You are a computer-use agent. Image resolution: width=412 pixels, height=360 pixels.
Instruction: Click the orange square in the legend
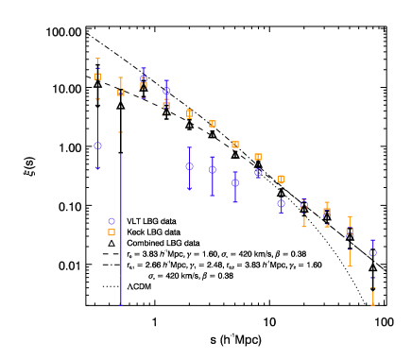pos(112,232)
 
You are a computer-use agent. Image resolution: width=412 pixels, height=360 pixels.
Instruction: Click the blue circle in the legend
pos(112,222)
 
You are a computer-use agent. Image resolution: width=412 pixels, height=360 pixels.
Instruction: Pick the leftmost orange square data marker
pos(97,77)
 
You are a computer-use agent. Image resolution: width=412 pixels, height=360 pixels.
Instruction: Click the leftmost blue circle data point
pos(97,146)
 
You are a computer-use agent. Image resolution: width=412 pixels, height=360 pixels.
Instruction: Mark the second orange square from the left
pos(121,93)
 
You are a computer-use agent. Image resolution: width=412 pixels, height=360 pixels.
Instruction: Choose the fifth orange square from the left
pos(189,113)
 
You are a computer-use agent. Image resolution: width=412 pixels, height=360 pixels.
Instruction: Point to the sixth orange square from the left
pos(213,124)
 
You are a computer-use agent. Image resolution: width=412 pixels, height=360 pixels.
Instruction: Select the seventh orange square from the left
pos(235,145)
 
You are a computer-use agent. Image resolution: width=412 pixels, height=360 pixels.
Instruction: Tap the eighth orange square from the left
pos(258,157)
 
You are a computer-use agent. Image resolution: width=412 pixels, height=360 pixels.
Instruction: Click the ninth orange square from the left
pos(282,179)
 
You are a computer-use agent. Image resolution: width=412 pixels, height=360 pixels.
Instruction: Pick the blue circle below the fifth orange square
pos(189,166)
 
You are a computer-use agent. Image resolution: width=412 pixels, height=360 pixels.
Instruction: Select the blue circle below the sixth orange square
pos(213,170)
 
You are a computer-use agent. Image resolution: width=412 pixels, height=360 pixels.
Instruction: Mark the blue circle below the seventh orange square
pos(235,183)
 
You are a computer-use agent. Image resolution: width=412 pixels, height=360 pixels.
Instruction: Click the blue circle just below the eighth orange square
pos(258,173)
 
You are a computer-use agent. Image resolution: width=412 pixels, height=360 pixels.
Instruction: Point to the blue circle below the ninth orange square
pos(282,203)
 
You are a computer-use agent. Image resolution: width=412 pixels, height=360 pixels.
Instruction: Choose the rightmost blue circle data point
pos(373,252)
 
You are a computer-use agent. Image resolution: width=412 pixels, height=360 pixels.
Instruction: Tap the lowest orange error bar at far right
pos(373,298)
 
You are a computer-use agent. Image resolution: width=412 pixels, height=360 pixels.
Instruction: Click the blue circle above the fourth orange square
pos(166,92)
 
